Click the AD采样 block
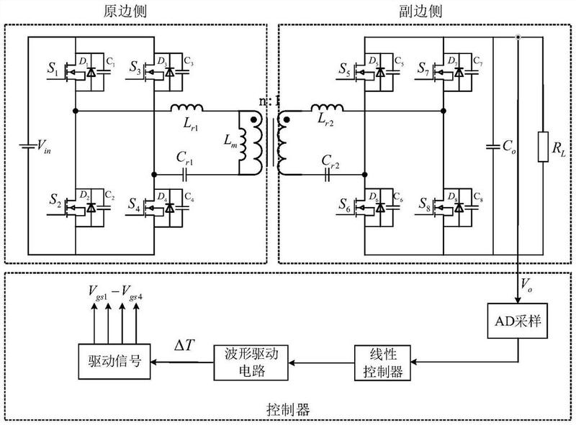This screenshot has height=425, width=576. [520, 321]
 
